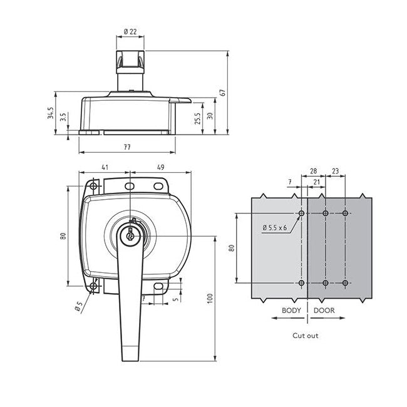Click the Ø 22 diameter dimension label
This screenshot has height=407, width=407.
coord(130,31)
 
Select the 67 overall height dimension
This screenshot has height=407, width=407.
coord(222,93)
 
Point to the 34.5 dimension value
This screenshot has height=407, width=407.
coord(50,113)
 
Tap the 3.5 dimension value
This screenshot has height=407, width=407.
coord(63,118)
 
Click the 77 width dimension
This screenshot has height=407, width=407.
coord(127,147)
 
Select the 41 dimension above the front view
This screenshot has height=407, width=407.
coord(105,167)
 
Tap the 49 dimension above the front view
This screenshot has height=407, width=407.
coord(160,167)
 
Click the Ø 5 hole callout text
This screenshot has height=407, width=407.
coord(78,306)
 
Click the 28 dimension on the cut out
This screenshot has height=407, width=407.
coord(312,170)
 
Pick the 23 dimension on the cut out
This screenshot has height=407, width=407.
coord(335,170)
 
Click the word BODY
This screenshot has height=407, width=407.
coord(291,311)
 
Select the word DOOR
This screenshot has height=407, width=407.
coord(324,311)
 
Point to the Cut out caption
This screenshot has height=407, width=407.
coord(306,336)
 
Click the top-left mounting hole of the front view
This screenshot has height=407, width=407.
coord(93,187)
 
